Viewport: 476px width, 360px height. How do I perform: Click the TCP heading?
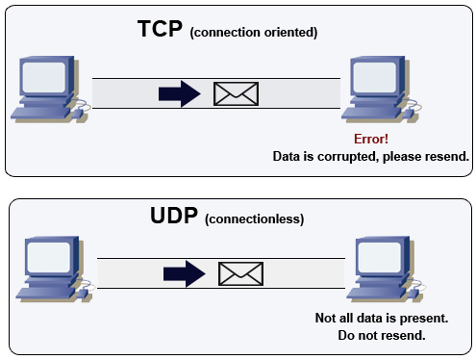160,30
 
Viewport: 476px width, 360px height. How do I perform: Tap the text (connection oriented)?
254,33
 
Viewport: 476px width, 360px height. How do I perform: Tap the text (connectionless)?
257,219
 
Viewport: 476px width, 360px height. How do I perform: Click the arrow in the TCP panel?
178,93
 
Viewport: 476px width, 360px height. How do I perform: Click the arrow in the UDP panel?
185,273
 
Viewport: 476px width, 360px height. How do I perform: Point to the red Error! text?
371,140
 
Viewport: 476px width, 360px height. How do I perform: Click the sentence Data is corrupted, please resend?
370,156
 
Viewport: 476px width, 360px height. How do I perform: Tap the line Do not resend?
382,336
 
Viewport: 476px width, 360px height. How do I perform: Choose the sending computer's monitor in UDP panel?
49,257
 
